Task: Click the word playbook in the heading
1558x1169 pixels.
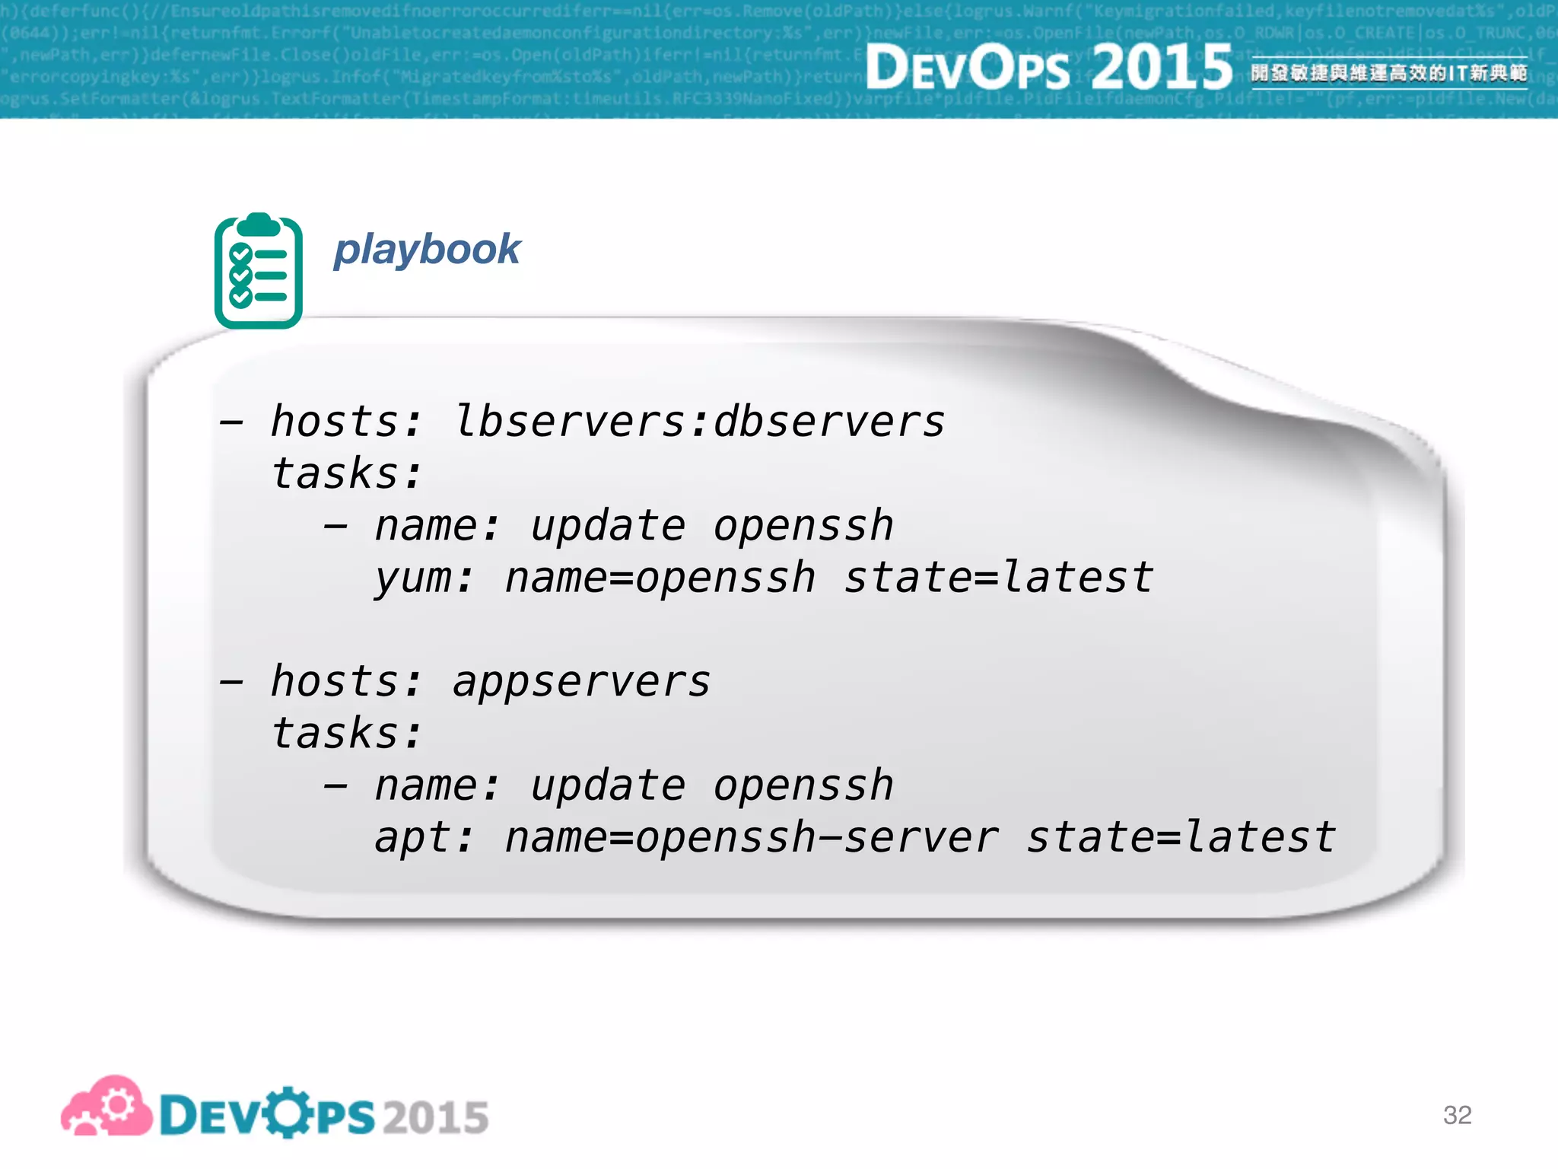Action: click(x=427, y=250)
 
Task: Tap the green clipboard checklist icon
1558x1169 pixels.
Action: click(x=259, y=272)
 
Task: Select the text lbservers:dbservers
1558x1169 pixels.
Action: click(x=699, y=422)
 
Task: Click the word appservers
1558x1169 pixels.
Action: click(x=581, y=681)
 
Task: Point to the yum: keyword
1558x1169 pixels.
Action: click(x=423, y=578)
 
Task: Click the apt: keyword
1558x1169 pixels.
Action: click(x=423, y=838)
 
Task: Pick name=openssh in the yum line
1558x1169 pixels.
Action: click(x=660, y=578)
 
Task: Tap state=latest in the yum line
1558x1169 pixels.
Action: click(x=999, y=578)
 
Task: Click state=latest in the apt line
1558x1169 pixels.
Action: click(x=1181, y=838)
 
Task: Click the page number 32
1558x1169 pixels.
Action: click(x=1457, y=1115)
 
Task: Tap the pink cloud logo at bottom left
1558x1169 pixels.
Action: click(x=107, y=1107)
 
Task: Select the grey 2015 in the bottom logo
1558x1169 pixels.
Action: click(x=436, y=1117)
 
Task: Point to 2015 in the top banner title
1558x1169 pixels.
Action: click(x=1162, y=67)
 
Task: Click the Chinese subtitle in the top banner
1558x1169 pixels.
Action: click(x=1389, y=73)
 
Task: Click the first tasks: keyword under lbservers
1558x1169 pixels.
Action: click(x=346, y=474)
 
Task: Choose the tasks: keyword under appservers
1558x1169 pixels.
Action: click(x=346, y=734)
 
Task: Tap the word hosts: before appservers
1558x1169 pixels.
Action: click(x=346, y=681)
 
